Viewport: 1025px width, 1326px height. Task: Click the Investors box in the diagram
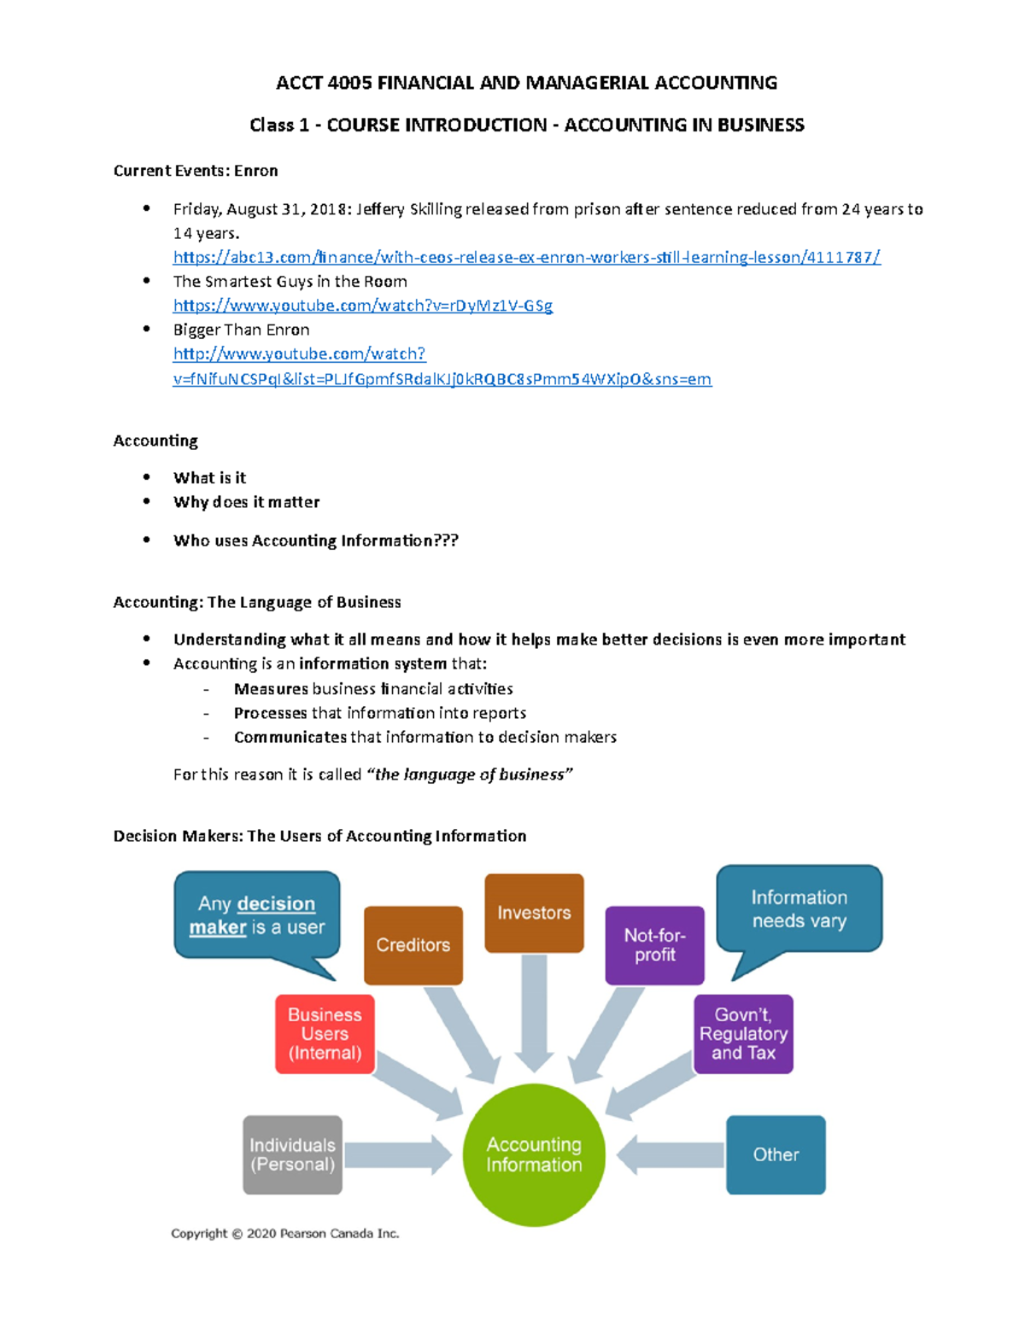pyautogui.click(x=534, y=912)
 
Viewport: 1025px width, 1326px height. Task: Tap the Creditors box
pyautogui.click(x=413, y=944)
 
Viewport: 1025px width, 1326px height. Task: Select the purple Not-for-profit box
pyautogui.click(x=654, y=944)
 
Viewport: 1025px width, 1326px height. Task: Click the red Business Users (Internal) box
pyautogui.click(x=325, y=1034)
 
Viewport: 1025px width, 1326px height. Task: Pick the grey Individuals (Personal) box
pyautogui.click(x=292, y=1154)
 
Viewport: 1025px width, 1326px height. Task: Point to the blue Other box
pyautogui.click(x=776, y=1154)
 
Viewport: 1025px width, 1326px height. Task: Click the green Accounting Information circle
pyautogui.click(x=534, y=1154)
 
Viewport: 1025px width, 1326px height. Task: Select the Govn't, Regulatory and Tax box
pyautogui.click(x=743, y=1034)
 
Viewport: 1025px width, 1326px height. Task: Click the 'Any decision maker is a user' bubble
pyautogui.click(x=257, y=915)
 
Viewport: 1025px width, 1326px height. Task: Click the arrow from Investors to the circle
pyautogui.click(x=534, y=1013)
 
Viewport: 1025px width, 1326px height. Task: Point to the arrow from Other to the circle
pyautogui.click(x=671, y=1154)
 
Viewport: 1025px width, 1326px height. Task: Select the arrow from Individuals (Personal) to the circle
pyautogui.click(x=398, y=1154)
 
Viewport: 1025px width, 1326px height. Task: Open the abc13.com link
pyautogui.click(x=527, y=257)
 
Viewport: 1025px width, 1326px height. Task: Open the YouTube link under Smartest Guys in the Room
pyautogui.click(x=363, y=305)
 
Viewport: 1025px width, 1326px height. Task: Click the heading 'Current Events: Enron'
pyautogui.click(x=196, y=170)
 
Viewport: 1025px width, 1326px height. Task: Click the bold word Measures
pyautogui.click(x=271, y=688)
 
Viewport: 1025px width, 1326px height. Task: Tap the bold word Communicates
pyautogui.click(x=290, y=737)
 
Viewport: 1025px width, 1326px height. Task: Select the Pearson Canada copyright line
pyautogui.click(x=285, y=1233)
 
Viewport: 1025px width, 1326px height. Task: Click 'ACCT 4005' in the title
pyautogui.click(x=324, y=82)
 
